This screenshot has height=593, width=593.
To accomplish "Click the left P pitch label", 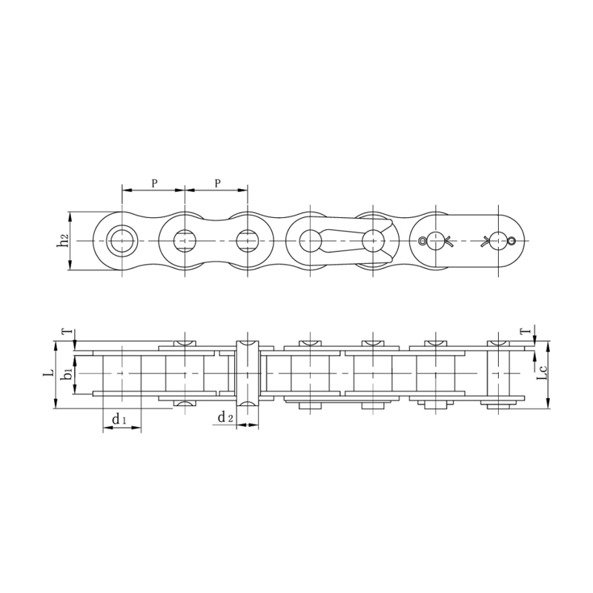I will coord(154,182).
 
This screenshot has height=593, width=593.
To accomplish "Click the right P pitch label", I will coord(216,182).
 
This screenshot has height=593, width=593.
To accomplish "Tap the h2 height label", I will coord(64,241).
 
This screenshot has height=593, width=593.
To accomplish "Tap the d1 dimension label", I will coord(119,420).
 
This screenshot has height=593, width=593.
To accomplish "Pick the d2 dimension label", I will coord(226,417).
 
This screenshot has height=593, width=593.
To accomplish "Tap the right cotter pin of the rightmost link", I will coord(496,240).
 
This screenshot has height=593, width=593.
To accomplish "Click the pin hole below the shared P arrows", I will coord(185,240).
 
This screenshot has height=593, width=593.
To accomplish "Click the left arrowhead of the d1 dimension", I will coord(105,429).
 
